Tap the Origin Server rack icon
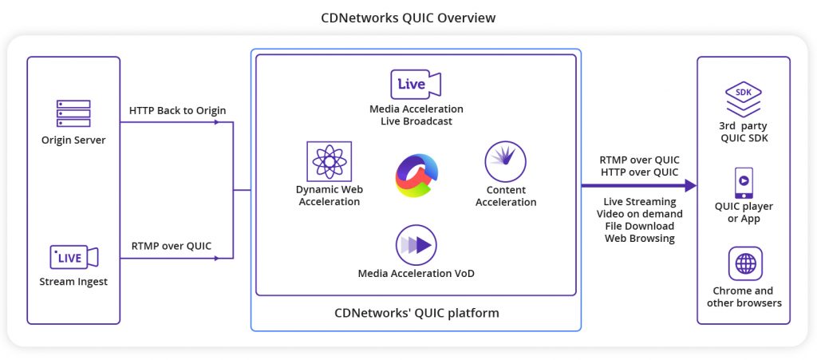73,113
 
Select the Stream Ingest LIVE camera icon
73,257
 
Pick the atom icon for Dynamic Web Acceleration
329,161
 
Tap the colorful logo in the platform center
416,176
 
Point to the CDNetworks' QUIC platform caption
416,313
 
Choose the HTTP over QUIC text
639,172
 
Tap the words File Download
639,226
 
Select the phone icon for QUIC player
744,183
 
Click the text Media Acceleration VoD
416,274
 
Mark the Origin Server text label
73,140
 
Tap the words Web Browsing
639,238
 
